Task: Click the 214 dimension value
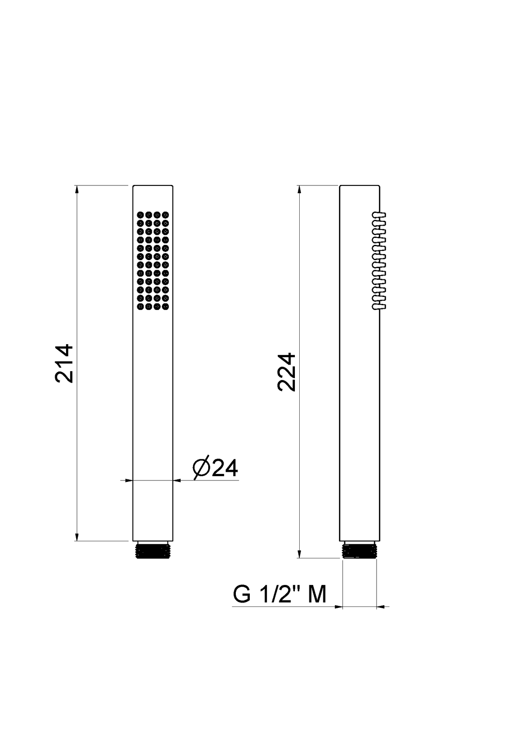tap(64, 363)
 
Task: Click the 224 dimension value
tap(287, 372)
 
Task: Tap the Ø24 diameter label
tap(215, 468)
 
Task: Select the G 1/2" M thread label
tap(280, 594)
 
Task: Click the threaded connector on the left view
tap(153, 550)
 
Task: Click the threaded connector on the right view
tap(360, 550)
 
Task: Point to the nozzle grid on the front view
tap(153, 261)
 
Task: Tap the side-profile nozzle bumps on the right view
tap(379, 261)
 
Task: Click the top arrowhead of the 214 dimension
tap(77, 190)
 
